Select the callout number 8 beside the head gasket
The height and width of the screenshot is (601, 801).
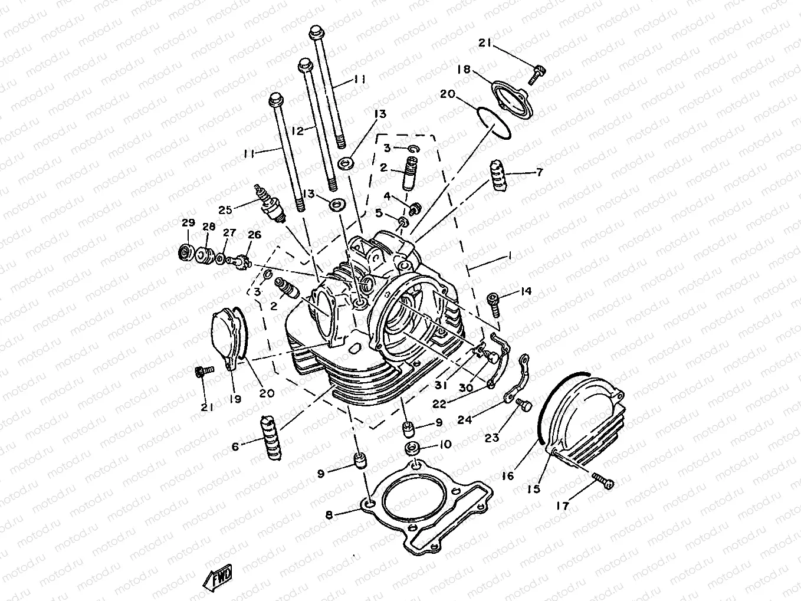pyautogui.click(x=329, y=514)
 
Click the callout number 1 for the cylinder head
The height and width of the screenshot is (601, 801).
pyautogui.click(x=510, y=257)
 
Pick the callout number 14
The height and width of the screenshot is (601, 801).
pyautogui.click(x=526, y=291)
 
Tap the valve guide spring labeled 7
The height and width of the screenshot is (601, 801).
pyautogui.click(x=498, y=176)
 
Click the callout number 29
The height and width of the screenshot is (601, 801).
pyautogui.click(x=188, y=222)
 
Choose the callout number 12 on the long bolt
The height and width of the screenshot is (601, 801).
pyautogui.click(x=297, y=130)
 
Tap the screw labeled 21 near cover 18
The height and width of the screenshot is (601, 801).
pyautogui.click(x=537, y=75)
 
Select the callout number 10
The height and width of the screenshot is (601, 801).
pyautogui.click(x=446, y=444)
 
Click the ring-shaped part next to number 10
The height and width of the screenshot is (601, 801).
pyautogui.click(x=412, y=448)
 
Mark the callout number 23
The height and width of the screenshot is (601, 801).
pyautogui.click(x=491, y=438)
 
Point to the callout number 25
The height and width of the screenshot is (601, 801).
pyautogui.click(x=225, y=210)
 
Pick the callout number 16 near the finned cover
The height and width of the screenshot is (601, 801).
pyautogui.click(x=508, y=475)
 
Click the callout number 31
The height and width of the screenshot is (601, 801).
pyautogui.click(x=441, y=385)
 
